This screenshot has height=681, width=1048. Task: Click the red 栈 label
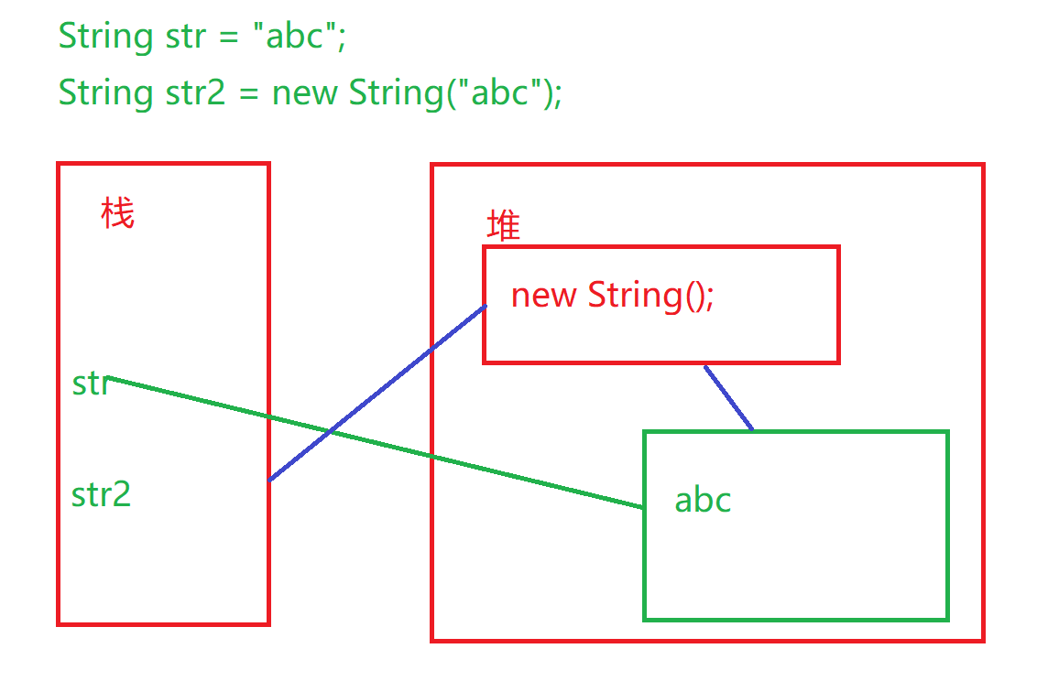coord(117,214)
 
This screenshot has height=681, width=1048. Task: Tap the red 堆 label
coord(503,225)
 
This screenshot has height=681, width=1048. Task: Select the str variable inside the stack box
coord(91,384)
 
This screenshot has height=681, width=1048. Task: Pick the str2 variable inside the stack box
coord(101,494)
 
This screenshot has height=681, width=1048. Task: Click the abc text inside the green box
coord(703,500)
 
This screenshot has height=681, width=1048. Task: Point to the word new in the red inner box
coord(543,295)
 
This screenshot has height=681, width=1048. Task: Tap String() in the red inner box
coord(650,295)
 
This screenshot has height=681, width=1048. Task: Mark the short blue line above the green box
coord(728,397)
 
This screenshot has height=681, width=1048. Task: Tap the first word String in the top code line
coord(105,37)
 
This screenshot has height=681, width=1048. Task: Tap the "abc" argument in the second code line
coord(493,92)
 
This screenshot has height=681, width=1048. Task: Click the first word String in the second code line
coord(105,92)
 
